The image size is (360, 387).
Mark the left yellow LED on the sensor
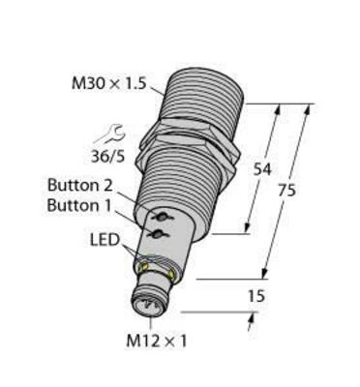(x=146, y=261)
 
